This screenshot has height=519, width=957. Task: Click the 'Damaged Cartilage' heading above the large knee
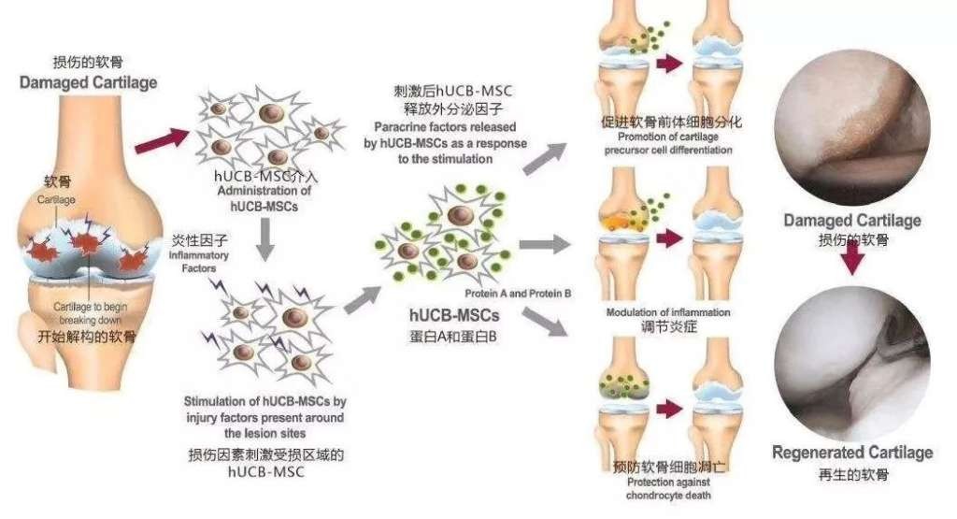[88, 82]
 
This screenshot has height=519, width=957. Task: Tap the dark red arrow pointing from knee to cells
[163, 140]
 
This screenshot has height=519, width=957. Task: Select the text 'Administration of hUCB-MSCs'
[264, 198]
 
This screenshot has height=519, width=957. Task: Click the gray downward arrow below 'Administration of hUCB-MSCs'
[264, 238]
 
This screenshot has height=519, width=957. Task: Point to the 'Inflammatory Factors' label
[199, 261]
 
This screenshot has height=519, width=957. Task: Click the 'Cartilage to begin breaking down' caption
[91, 313]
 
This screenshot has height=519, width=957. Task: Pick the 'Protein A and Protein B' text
[518, 294]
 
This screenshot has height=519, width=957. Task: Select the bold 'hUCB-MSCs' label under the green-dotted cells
[454, 315]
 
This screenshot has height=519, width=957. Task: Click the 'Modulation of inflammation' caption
[667, 312]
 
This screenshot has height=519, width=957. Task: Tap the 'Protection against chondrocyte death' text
[668, 488]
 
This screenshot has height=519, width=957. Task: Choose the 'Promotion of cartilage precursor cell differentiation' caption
[668, 143]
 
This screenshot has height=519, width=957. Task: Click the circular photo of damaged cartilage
[852, 127]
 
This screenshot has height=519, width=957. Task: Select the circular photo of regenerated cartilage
[852, 364]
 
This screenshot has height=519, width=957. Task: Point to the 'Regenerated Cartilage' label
[852, 453]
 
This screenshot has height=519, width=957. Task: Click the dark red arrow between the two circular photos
[852, 260]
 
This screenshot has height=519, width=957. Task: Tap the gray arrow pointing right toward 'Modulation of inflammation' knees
[545, 244]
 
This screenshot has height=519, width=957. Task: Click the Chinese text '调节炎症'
[668, 327]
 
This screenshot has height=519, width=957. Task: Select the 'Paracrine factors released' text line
[445, 127]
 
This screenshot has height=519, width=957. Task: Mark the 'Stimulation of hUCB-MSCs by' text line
[264, 402]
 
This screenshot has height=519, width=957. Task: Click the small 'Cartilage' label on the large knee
[56, 200]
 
